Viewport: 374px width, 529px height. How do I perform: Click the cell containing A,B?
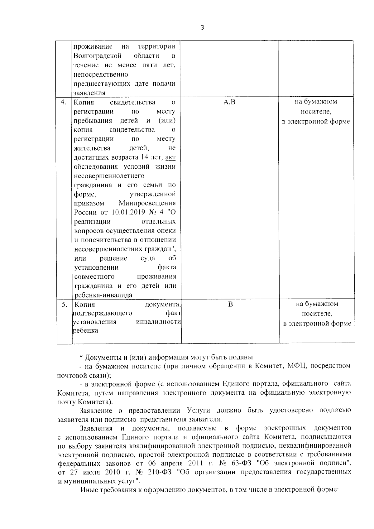click(x=229, y=102)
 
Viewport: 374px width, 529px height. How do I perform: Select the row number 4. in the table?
click(x=64, y=102)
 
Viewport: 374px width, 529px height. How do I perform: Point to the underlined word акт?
click(x=170, y=157)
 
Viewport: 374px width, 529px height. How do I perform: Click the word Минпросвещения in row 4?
click(x=147, y=203)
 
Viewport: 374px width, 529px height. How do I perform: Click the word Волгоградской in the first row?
click(x=97, y=56)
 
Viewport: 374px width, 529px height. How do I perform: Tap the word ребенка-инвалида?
click(x=103, y=295)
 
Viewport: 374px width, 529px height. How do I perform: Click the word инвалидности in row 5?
click(x=159, y=322)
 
